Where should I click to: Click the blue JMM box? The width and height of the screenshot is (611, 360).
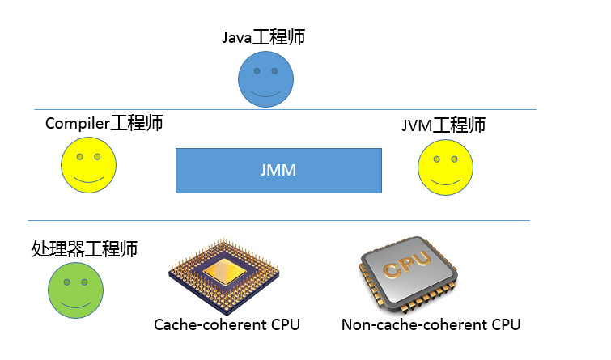click(x=278, y=170)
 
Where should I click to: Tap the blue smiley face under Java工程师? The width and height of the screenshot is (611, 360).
click(x=265, y=79)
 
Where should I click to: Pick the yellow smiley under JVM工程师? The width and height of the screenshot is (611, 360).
click(x=445, y=167)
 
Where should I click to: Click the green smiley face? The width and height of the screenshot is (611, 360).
click(x=75, y=289)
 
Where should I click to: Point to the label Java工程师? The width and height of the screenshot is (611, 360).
click(x=263, y=37)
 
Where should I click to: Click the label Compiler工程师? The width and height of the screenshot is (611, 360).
click(x=104, y=123)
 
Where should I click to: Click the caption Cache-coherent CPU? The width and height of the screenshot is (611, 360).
click(x=227, y=324)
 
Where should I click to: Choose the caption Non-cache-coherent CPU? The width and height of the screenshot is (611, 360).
click(x=431, y=324)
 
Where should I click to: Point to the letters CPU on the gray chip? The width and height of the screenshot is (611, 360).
click(x=402, y=266)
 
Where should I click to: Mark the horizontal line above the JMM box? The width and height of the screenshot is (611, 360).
click(x=283, y=109)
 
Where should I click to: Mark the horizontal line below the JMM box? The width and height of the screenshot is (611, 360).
click(x=278, y=220)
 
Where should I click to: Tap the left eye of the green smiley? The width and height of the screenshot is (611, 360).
click(x=66, y=282)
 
